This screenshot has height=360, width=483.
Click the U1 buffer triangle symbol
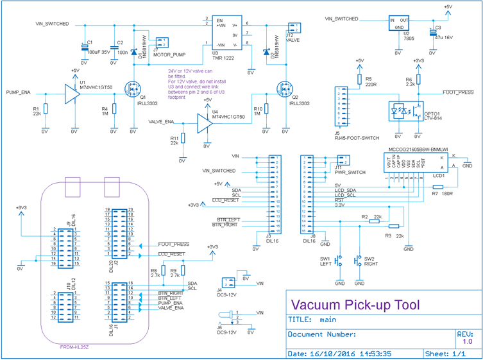pyautogui.click(x=71, y=92)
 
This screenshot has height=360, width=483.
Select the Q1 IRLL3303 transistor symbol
pyautogui.click(x=132, y=88)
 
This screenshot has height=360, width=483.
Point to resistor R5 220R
pyautogui.click(x=359, y=80)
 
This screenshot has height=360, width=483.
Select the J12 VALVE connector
pyautogui.click(x=294, y=28)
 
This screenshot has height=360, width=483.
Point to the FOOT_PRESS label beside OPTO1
pyautogui.click(x=457, y=92)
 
